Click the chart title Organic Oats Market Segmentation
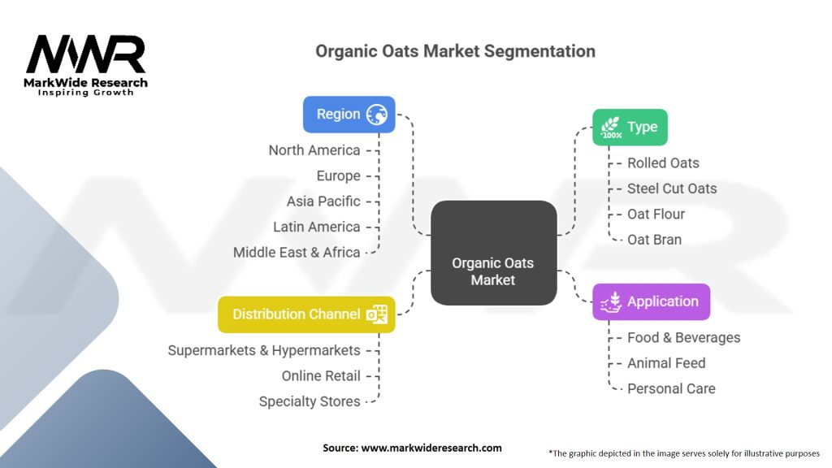455,51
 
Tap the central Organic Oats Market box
493,253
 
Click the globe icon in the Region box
377,115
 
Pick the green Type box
630,127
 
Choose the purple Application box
651,301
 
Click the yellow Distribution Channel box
306,314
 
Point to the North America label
314,150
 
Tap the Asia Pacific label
323,201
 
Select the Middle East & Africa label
297,253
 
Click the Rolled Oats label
663,163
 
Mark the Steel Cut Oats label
672,188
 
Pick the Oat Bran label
654,240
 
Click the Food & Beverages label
683,338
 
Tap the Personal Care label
671,389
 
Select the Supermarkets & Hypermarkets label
264,351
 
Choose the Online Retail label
321,376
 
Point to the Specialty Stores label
310,401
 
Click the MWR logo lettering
86,55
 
